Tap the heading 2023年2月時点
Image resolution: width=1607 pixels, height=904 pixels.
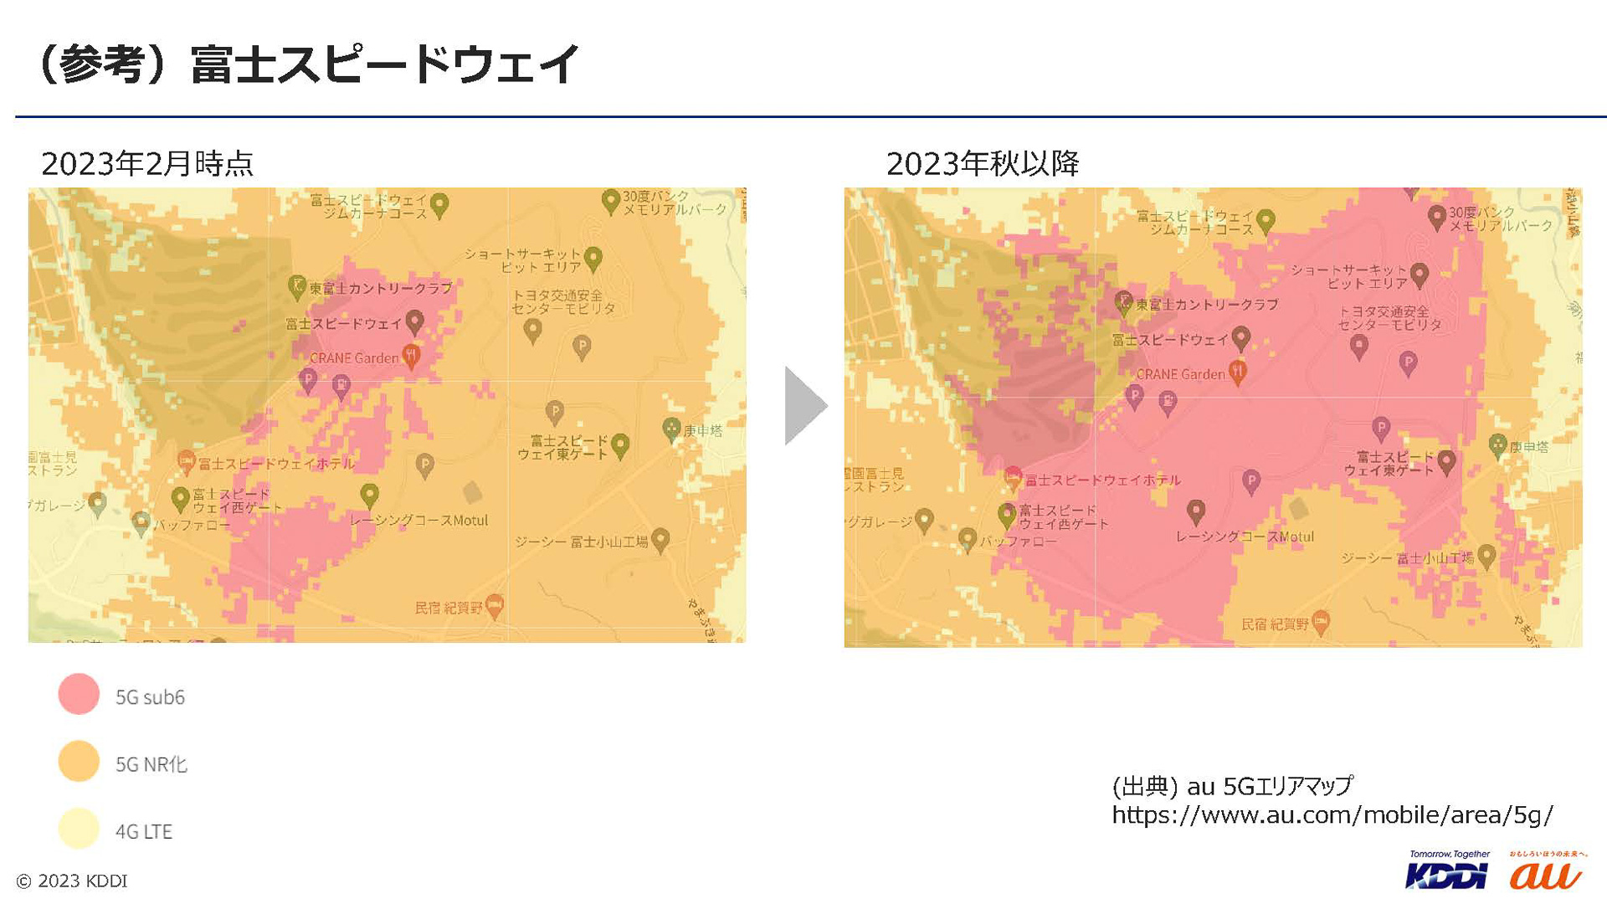[x=147, y=163]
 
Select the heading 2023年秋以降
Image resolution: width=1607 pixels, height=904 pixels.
[x=983, y=163]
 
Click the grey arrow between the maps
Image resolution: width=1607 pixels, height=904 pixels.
[x=803, y=406]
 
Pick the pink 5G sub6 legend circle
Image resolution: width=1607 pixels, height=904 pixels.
[x=79, y=694]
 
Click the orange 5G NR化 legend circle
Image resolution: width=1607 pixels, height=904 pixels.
[x=79, y=761]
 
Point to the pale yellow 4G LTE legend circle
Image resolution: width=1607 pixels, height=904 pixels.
[x=79, y=829]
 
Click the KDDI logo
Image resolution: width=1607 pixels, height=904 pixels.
[x=1447, y=873]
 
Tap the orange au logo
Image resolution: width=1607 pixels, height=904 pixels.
[x=1545, y=873]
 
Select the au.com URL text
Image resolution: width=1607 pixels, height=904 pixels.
[x=1332, y=814]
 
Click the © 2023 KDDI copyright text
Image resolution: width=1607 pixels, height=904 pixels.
[x=72, y=881]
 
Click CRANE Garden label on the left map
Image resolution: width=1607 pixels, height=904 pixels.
[x=354, y=358]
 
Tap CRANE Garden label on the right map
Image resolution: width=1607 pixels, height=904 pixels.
[x=1180, y=374]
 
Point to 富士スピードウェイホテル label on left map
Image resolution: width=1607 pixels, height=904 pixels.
[x=277, y=464]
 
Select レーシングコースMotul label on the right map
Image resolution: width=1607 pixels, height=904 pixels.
[x=1245, y=537]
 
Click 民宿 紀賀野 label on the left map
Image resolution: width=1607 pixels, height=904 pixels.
[x=449, y=607]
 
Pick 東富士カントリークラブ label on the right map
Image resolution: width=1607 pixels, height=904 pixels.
[x=1207, y=305]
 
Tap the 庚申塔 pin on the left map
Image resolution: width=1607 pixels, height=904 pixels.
[x=671, y=429]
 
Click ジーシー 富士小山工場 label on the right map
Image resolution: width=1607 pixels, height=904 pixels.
[x=1407, y=557]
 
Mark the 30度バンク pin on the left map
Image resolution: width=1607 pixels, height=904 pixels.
[x=610, y=201]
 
